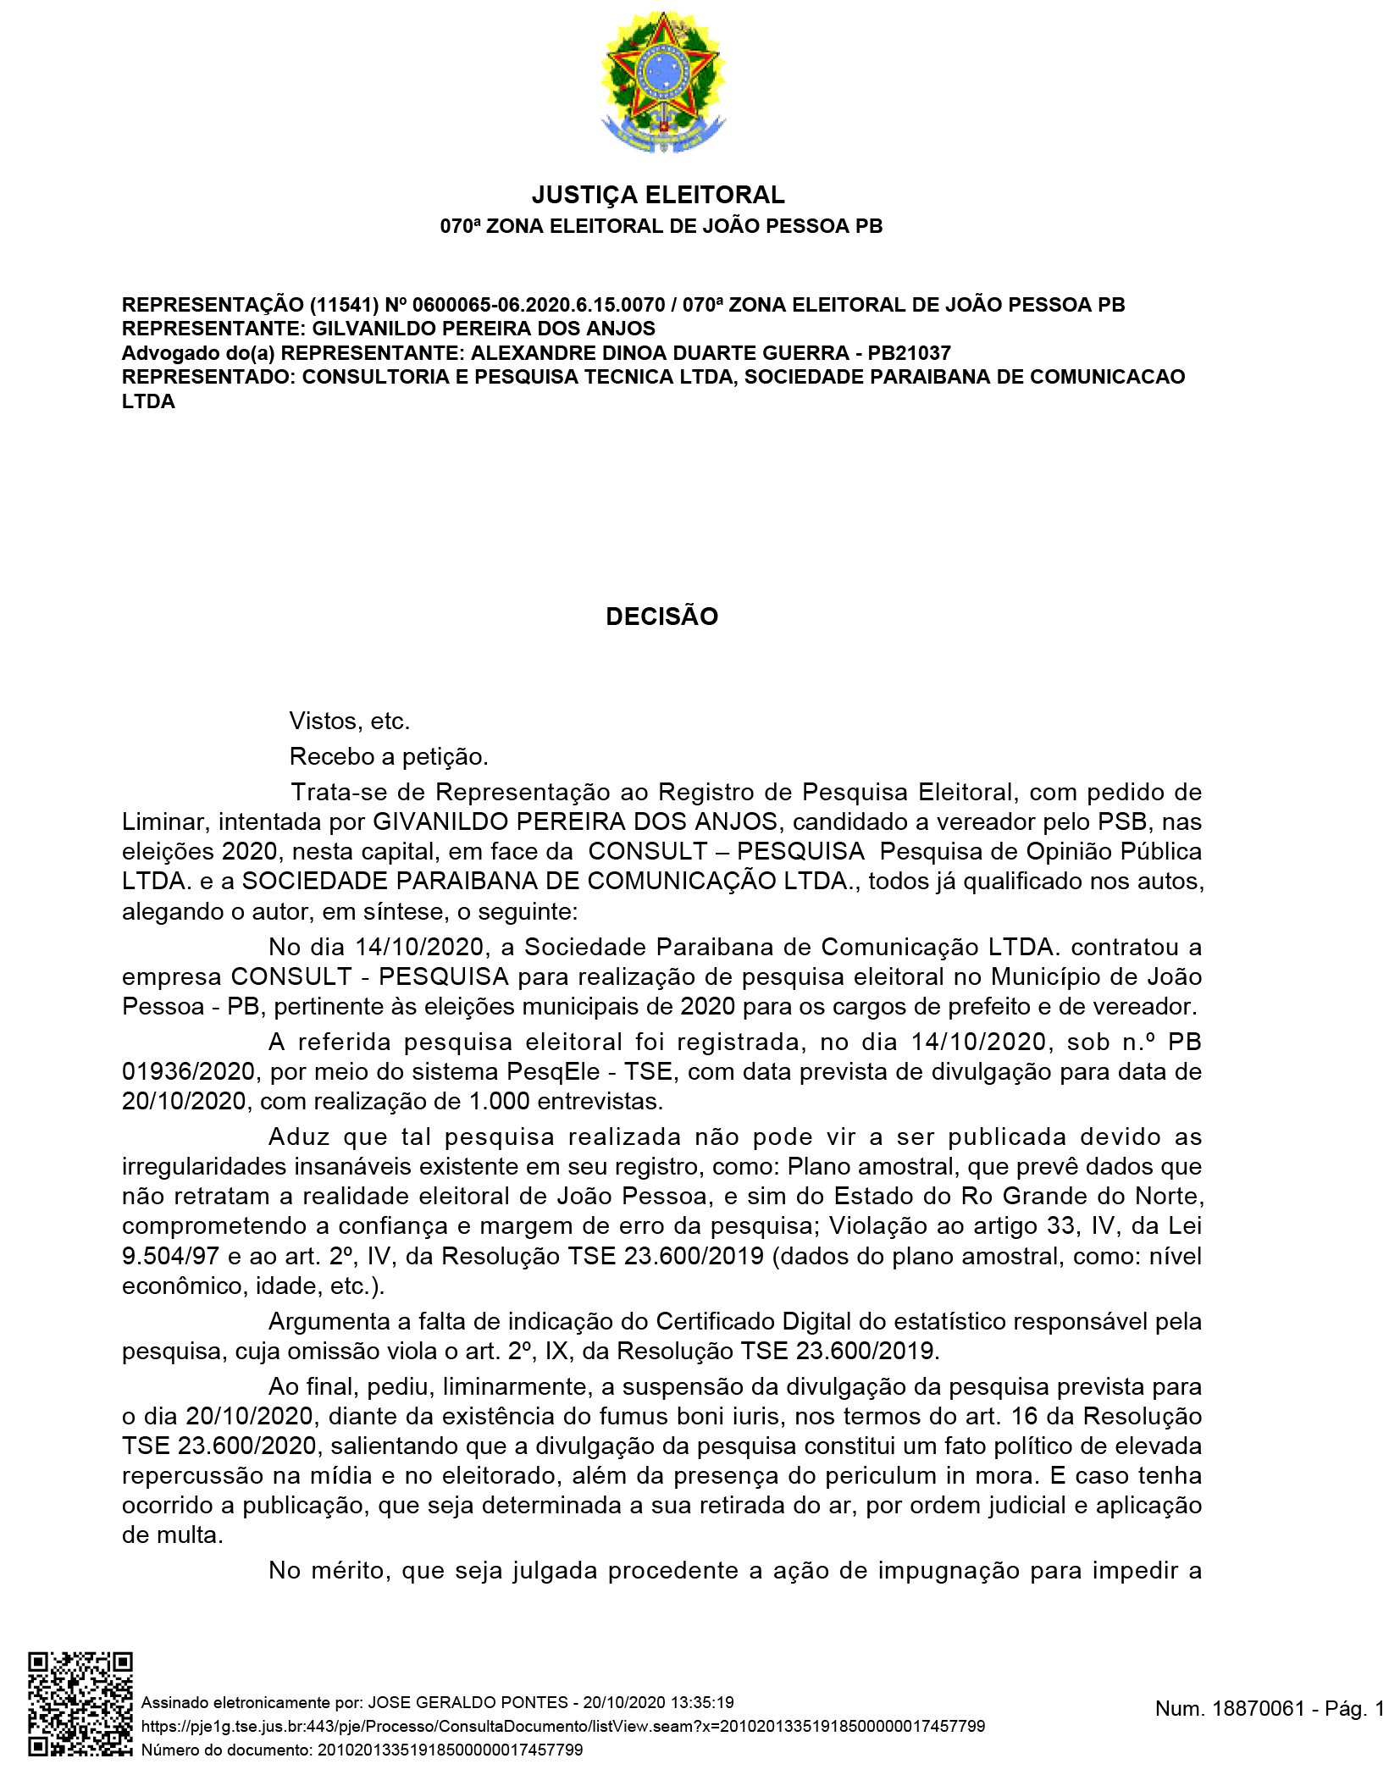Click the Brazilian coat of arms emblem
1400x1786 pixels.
click(663, 82)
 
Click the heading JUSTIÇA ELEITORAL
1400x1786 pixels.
click(658, 195)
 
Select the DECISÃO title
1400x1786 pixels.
click(661, 616)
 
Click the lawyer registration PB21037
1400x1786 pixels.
click(909, 352)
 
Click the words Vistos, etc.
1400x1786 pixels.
click(349, 721)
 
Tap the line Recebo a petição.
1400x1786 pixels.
click(389, 756)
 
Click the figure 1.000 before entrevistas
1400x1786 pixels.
click(500, 1101)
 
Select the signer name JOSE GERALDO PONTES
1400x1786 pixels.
click(468, 1702)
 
